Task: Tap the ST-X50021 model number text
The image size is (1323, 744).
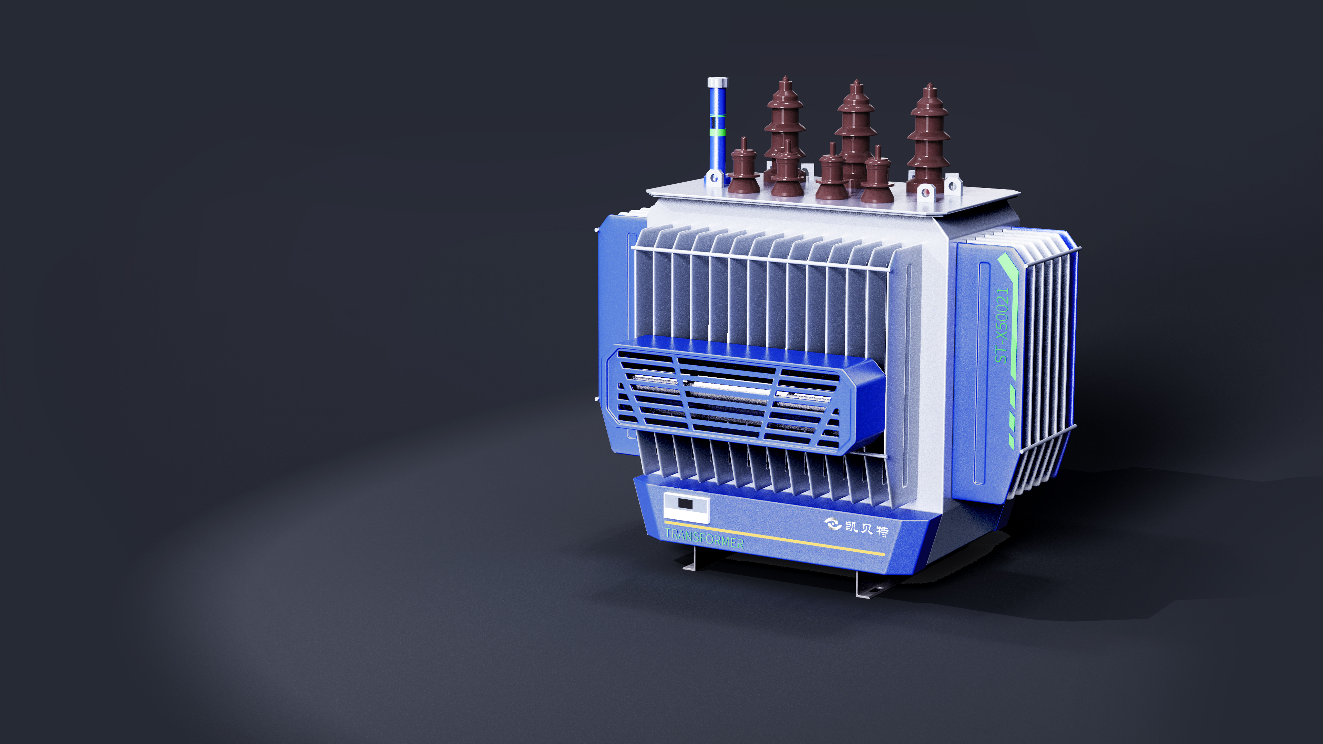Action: click(x=1002, y=325)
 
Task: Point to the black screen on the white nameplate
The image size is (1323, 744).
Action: click(x=685, y=503)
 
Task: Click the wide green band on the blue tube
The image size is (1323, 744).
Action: click(x=717, y=132)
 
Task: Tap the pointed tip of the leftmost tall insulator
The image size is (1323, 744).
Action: click(x=785, y=78)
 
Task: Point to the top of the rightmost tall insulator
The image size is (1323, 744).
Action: click(x=929, y=85)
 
